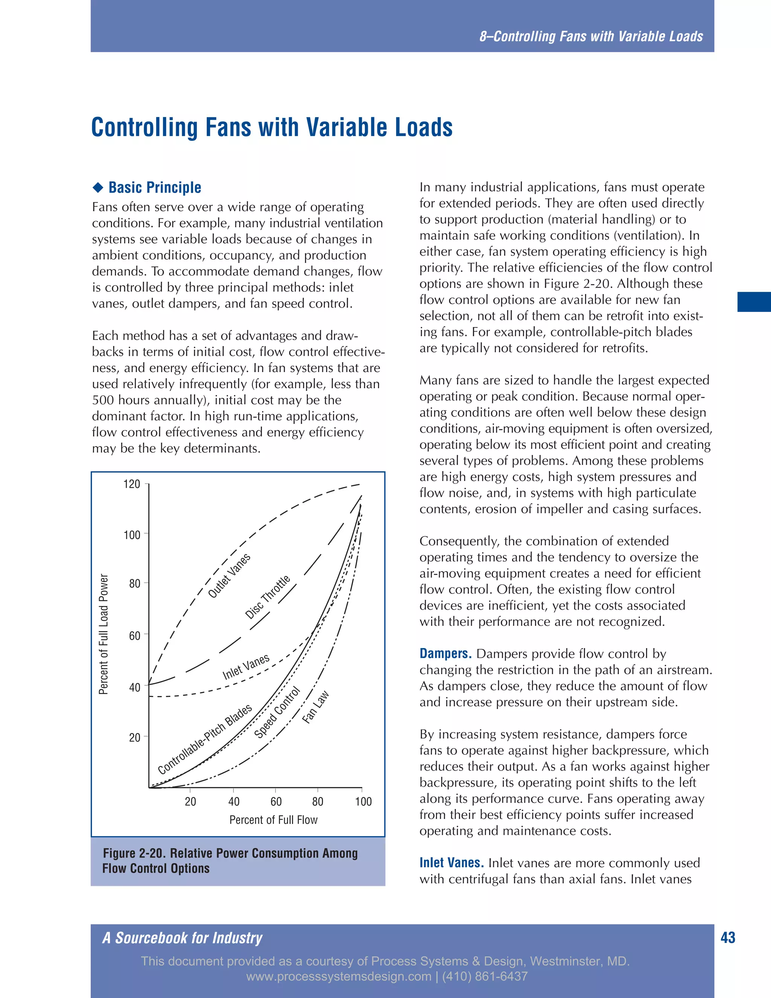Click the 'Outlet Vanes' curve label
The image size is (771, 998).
pos(229,576)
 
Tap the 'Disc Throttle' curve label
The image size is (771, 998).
pos(268,597)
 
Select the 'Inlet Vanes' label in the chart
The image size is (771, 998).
pos(246,667)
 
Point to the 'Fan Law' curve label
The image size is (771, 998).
pos(315,707)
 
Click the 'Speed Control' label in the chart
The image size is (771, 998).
pos(277,713)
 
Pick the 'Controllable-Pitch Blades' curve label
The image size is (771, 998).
pos(205,739)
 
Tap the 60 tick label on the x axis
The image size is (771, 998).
pos(276,801)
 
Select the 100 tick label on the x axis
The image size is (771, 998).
pos(364,801)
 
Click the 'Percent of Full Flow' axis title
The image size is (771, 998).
pos(273,820)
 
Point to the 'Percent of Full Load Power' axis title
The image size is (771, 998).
pos(104,634)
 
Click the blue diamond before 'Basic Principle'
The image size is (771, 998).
pos(98,187)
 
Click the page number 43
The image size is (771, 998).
pos(728,938)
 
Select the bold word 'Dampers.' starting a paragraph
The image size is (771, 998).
pos(445,653)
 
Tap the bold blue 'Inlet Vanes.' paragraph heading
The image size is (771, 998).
pos(451,863)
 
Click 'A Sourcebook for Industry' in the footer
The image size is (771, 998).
pos(182,938)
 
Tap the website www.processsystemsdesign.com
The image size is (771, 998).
pos(338,977)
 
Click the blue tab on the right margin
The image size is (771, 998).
pos(754,302)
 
